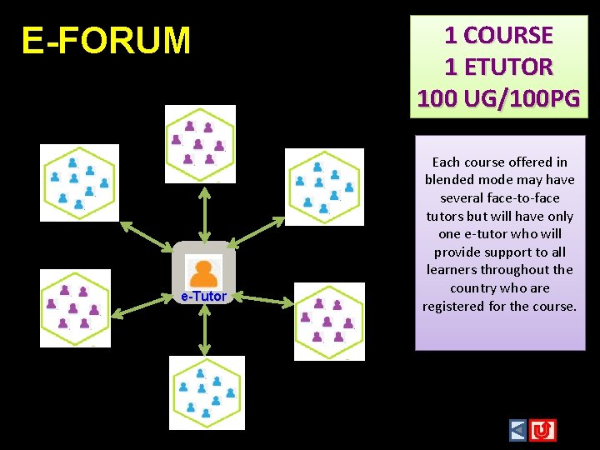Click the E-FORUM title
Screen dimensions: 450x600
click(x=106, y=40)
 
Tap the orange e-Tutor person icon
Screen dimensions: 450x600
click(x=203, y=272)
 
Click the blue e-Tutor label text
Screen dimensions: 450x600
click(x=203, y=296)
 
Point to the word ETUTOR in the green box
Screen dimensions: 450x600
click(x=510, y=67)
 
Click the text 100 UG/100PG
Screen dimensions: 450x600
click(x=498, y=98)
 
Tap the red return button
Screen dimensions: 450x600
click(x=543, y=430)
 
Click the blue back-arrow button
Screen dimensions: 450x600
click(x=518, y=430)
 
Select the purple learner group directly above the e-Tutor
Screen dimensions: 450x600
click(x=200, y=143)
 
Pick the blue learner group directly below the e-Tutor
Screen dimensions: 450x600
click(x=207, y=392)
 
